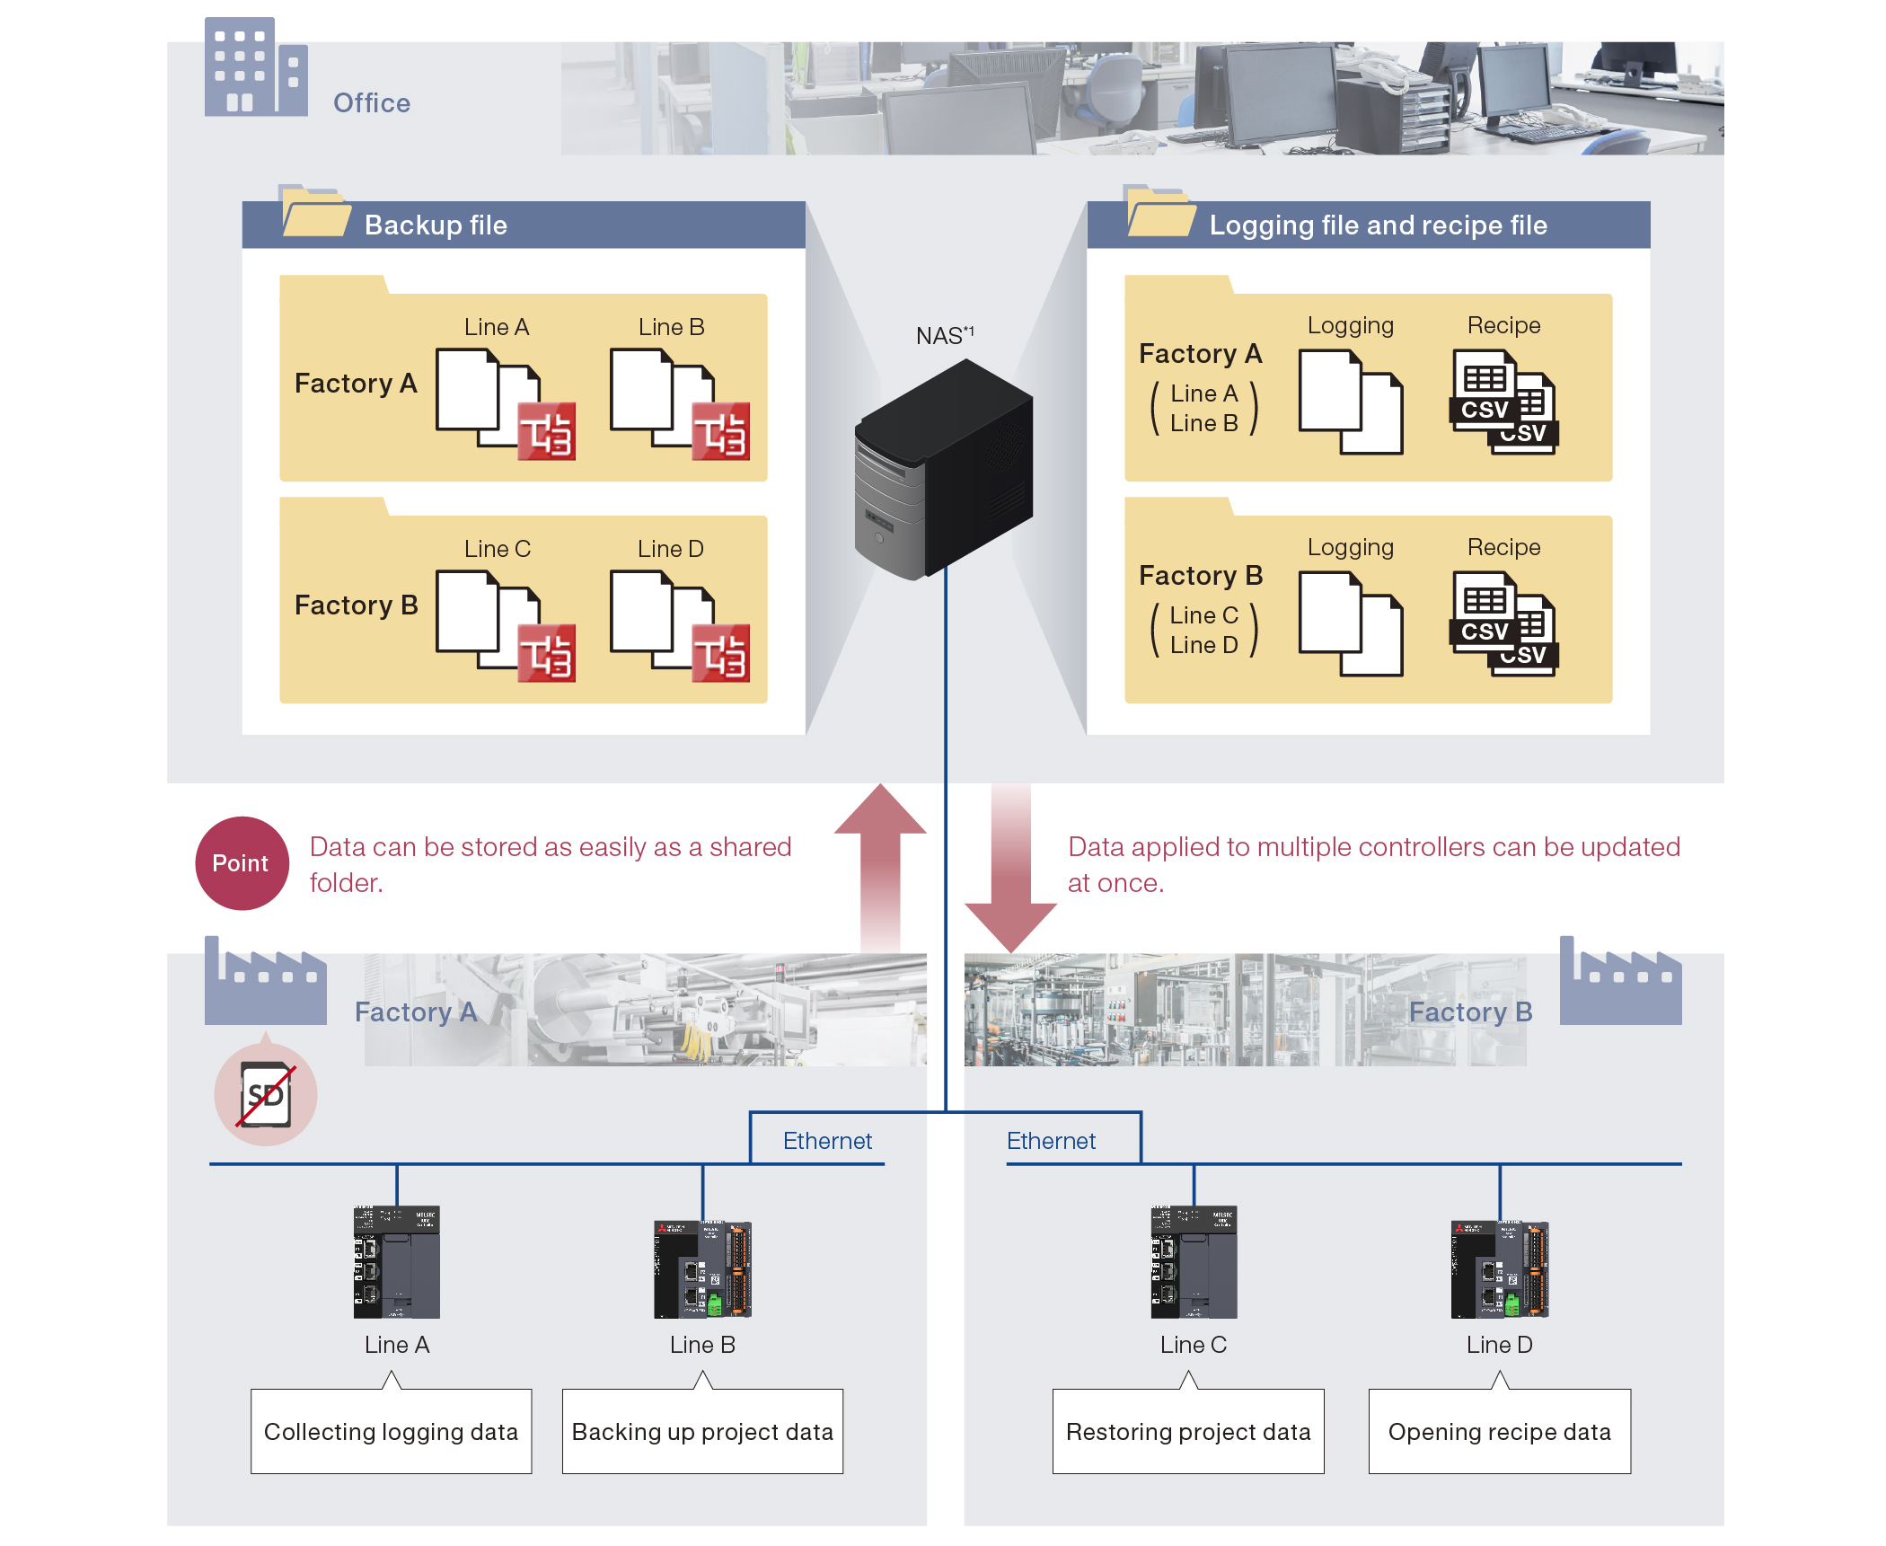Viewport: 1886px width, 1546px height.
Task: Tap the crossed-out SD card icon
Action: (x=266, y=1094)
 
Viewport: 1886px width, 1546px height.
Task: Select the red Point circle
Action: (x=242, y=862)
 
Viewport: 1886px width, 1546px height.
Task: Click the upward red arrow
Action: (x=880, y=862)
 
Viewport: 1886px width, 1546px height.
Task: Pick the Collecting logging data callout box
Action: (x=391, y=1431)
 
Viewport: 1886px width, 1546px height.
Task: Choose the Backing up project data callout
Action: (x=702, y=1431)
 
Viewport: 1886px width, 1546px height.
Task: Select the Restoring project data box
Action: (x=1187, y=1431)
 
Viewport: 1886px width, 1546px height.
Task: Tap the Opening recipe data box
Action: (x=1499, y=1431)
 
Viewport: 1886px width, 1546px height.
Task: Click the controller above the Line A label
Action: (x=396, y=1261)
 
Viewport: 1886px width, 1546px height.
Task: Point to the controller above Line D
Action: (x=1499, y=1268)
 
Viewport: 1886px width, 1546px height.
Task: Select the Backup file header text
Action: (x=436, y=225)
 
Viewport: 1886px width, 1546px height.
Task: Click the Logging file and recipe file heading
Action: (x=1378, y=225)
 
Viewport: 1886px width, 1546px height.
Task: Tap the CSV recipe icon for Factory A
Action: (x=1503, y=402)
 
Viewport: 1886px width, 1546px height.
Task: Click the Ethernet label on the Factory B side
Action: (x=1051, y=1141)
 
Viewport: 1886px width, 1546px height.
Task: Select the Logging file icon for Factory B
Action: (x=1350, y=624)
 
